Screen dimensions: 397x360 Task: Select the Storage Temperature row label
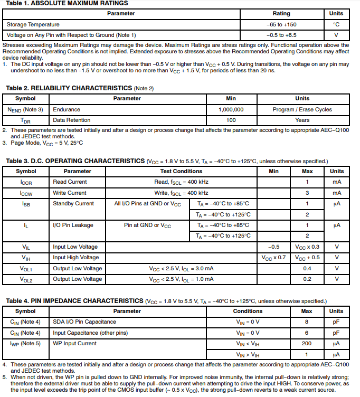click(33, 24)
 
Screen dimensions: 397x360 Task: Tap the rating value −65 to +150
click(281, 24)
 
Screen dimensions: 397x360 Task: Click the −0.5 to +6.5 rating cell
click(281, 35)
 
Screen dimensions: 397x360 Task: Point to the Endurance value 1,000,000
click(231, 109)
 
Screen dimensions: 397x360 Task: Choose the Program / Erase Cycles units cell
click(302, 109)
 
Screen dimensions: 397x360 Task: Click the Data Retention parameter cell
click(71, 120)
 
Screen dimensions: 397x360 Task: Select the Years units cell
click(302, 120)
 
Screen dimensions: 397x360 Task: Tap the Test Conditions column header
click(181, 171)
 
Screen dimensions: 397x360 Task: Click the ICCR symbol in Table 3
click(26, 182)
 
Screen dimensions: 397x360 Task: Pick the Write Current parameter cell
click(70, 193)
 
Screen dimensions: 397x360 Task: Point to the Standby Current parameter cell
click(73, 203)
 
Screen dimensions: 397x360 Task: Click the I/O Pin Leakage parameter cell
click(73, 225)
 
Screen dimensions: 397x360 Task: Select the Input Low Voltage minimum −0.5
click(273, 247)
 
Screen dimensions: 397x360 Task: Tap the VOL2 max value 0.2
click(307, 279)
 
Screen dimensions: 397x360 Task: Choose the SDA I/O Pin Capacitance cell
click(84, 322)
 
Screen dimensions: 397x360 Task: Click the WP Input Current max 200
click(307, 343)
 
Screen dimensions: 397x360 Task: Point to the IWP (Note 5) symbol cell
click(25, 343)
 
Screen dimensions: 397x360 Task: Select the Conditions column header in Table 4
click(248, 311)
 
